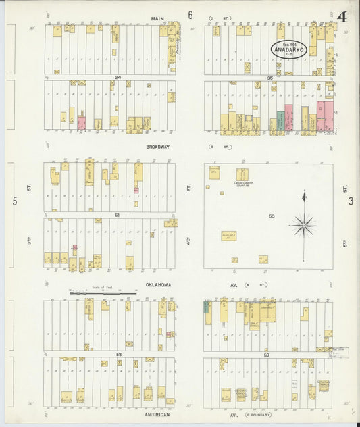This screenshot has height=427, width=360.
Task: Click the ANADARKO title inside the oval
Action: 289,50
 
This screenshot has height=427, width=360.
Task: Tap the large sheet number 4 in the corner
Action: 342,16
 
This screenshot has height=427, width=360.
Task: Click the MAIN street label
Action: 157,18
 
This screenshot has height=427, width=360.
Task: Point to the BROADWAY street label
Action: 157,145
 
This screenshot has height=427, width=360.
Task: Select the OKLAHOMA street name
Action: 158,285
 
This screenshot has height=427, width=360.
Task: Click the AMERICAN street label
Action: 156,414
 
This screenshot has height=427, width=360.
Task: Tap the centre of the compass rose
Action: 303,225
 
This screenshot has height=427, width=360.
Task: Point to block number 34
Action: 118,78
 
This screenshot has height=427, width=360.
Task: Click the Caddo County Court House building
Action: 242,175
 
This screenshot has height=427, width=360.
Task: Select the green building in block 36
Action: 280,121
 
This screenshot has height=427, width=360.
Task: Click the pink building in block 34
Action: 81,123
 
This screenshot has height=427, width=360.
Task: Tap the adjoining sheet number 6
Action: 190,15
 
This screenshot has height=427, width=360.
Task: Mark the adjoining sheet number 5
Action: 14,201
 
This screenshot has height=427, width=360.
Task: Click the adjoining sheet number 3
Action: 351,201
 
